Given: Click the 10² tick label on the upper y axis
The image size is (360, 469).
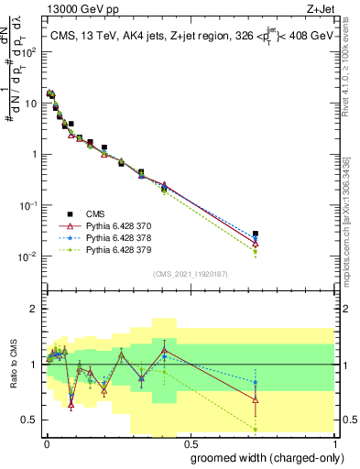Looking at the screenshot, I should point(30,52).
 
